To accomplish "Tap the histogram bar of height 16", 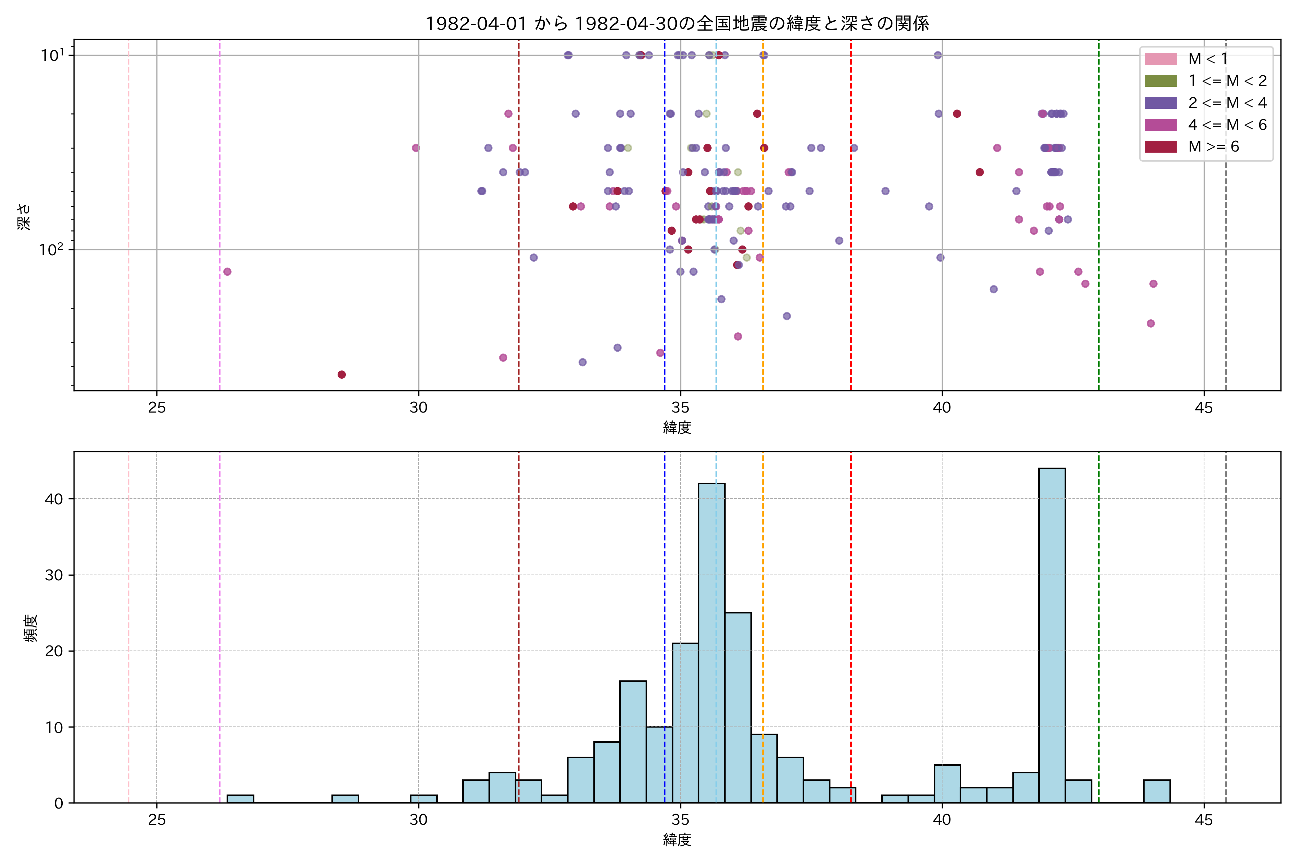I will tap(633, 742).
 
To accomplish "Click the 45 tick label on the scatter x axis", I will tap(1204, 408).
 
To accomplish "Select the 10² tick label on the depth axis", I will tap(51, 249).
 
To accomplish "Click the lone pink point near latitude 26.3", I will tap(227, 272).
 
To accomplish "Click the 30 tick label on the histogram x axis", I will tap(419, 820).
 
